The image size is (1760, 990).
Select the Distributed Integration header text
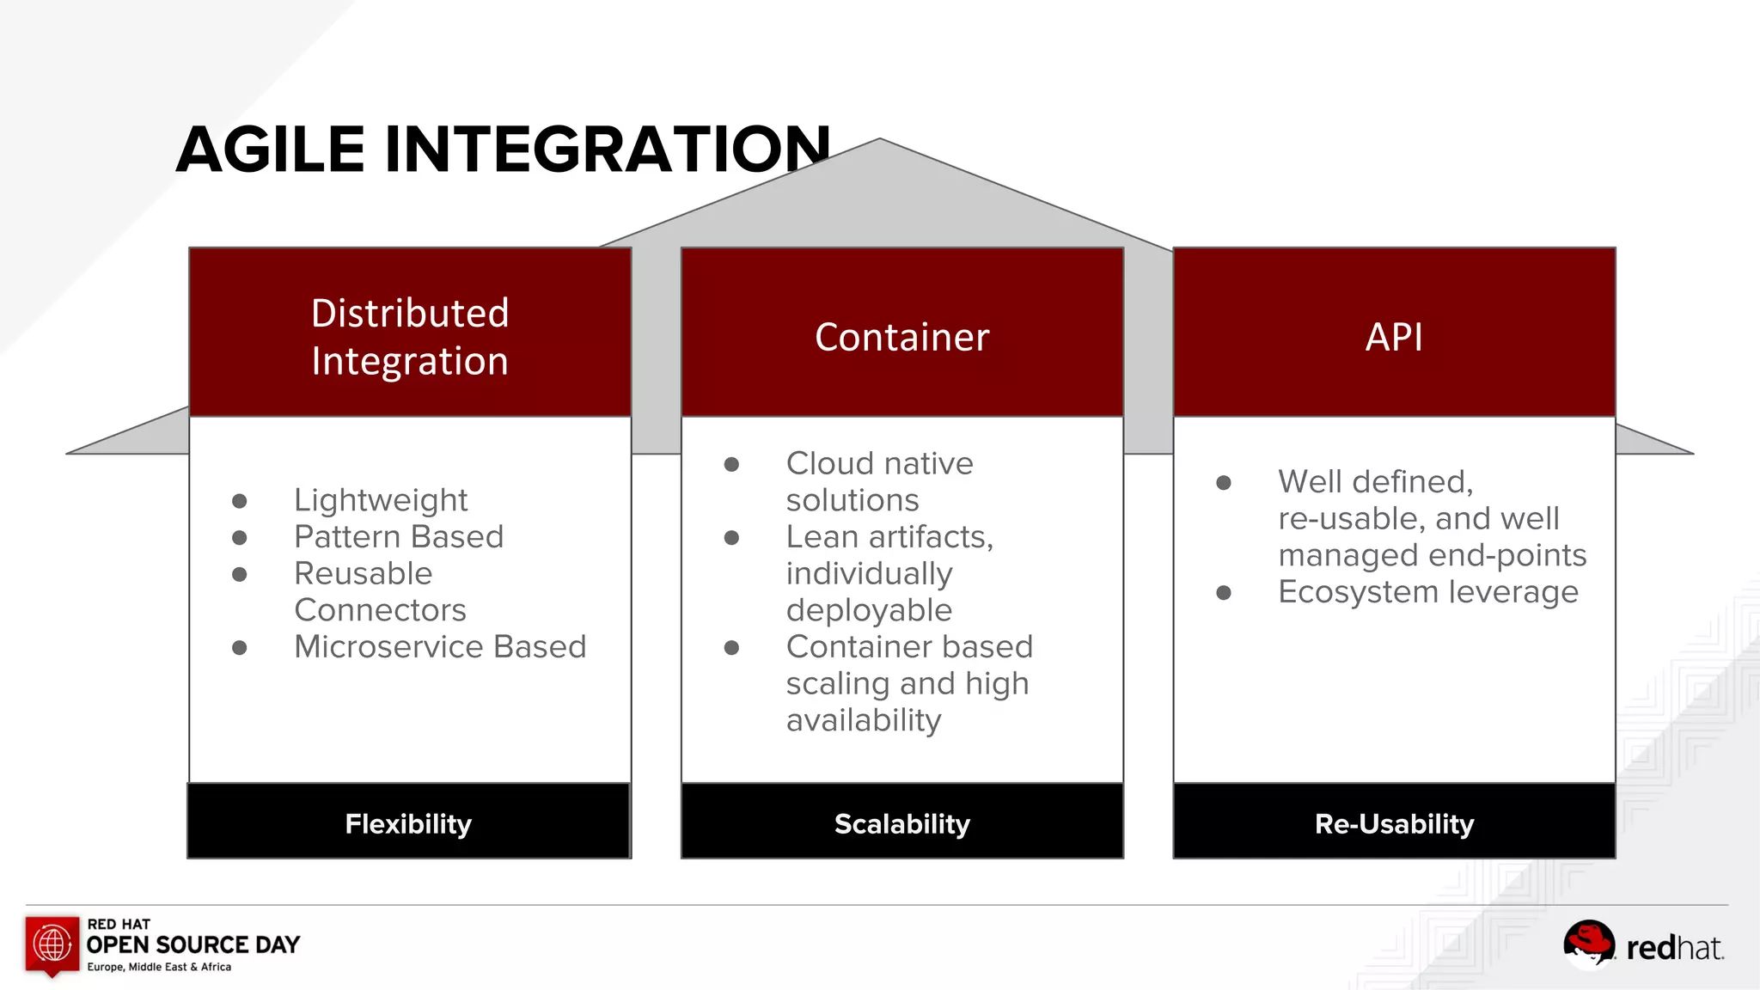[410, 337]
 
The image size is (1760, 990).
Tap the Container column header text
[901, 337]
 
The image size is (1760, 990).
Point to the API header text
[1394, 337]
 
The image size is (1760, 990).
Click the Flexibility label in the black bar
[408, 823]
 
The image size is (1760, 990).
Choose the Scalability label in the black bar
[901, 823]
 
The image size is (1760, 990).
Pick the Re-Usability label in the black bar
[1394, 823]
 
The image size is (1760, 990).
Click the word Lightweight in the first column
[381, 500]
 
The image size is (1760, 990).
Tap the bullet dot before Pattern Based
[240, 538]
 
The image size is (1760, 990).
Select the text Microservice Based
[440, 647]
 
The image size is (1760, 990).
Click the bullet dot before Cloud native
[731, 465]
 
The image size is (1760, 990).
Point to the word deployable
[869, 610]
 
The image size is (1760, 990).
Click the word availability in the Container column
[864, 720]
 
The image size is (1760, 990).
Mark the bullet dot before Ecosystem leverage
[1224, 593]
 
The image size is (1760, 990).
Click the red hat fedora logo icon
[1588, 944]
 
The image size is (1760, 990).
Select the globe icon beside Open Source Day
[52, 944]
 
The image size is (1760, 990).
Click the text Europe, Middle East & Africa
[159, 967]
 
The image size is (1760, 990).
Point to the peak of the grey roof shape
[879, 141]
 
